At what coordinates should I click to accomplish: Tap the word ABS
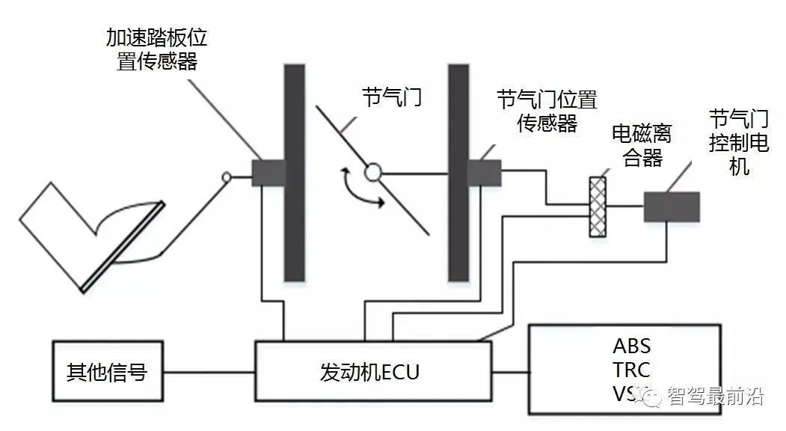coord(631,346)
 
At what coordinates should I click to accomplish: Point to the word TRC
coord(631,370)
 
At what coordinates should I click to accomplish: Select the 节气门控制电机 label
coord(739,141)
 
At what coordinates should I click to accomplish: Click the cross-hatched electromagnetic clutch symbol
coord(596,207)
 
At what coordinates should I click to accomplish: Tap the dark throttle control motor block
coord(672,207)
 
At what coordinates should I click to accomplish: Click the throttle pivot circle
coord(372,174)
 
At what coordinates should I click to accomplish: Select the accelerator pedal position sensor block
coord(268,173)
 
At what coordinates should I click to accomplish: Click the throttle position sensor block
coord(484,173)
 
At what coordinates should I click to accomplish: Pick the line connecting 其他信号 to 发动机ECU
coord(212,372)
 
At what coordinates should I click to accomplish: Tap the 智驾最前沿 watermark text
coord(714,397)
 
